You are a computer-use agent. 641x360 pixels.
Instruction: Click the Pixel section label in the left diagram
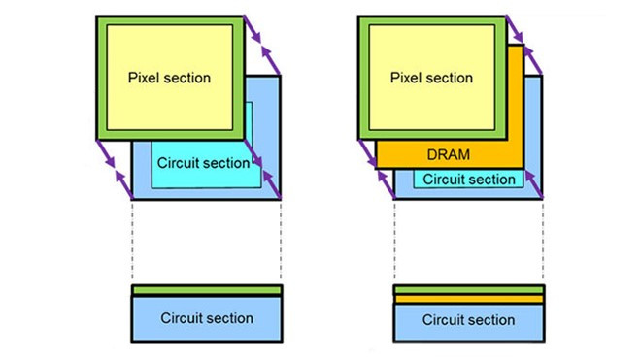(x=170, y=77)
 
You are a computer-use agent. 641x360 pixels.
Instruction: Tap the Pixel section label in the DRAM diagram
(x=433, y=77)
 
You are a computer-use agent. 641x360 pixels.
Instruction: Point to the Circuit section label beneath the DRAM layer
(x=469, y=180)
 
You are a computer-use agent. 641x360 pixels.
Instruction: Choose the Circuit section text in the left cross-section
(x=207, y=318)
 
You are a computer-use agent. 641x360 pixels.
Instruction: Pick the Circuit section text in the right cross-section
(x=469, y=320)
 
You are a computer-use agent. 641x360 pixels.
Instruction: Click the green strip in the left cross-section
(x=207, y=290)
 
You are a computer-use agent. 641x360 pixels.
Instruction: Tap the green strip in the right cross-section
(x=469, y=290)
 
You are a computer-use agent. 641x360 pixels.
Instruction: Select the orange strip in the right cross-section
(x=469, y=299)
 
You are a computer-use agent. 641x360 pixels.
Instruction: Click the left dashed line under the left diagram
(x=132, y=243)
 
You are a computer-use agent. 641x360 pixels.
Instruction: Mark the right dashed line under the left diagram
(x=282, y=243)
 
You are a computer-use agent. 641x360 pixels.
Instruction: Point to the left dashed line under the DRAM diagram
(x=394, y=243)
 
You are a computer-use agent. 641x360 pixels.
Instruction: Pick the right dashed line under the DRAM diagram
(x=543, y=243)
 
